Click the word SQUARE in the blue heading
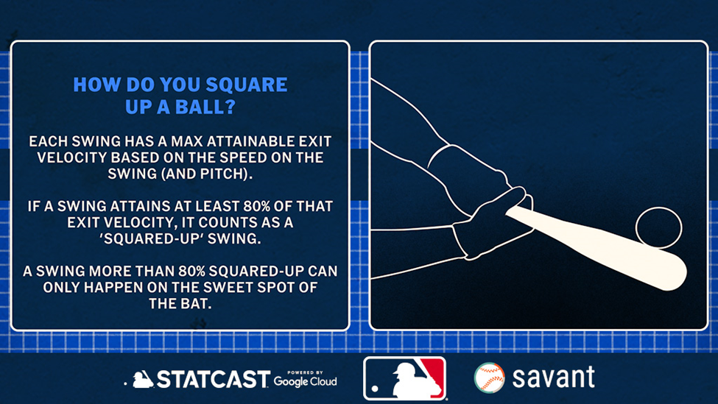[x=247, y=85]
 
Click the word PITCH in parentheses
[x=223, y=174]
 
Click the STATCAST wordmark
[x=213, y=379]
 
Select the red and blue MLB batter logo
[x=405, y=378]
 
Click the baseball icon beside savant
[x=489, y=378]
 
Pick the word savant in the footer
[x=553, y=377]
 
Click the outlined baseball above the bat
[x=658, y=227]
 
